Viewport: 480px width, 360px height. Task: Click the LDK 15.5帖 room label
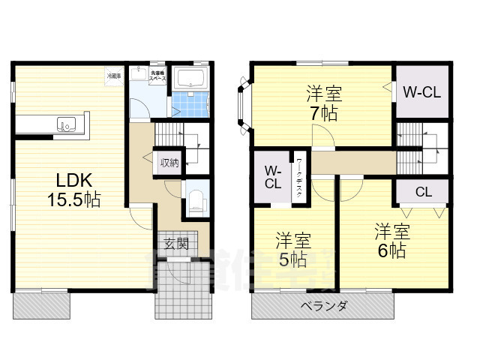pos(73,190)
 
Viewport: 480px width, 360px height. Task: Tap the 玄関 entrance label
pos(177,244)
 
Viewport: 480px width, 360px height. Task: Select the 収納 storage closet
pos(169,162)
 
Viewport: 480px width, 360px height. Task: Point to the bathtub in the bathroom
pos(193,79)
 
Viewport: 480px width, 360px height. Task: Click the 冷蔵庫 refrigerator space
pos(112,76)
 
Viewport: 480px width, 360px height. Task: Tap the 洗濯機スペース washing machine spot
pos(157,76)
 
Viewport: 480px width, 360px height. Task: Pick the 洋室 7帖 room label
pos(324,104)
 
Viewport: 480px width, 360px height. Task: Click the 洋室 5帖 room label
pos(292,250)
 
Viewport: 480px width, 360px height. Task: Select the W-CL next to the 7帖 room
pos(421,92)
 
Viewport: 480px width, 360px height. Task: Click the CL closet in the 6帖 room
pos(423,191)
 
